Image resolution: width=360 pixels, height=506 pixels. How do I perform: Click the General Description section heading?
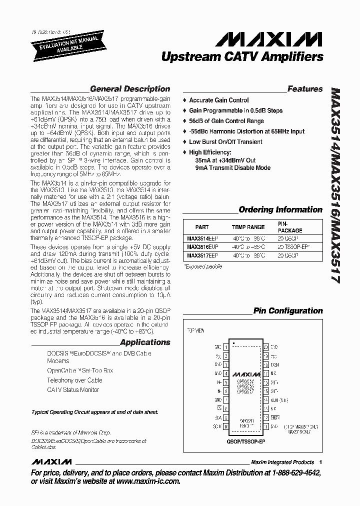(x=129, y=89)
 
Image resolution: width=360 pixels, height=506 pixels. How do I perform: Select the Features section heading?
(x=304, y=89)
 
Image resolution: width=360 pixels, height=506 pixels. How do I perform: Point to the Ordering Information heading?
(x=280, y=209)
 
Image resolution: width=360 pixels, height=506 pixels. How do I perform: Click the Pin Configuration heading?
(x=287, y=310)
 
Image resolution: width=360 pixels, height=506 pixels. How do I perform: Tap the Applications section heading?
(x=145, y=342)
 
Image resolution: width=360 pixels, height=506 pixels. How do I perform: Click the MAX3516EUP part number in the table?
(x=201, y=246)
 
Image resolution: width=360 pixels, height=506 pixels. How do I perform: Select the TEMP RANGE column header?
(x=248, y=227)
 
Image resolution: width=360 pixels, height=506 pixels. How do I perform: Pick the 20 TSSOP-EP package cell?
(x=294, y=246)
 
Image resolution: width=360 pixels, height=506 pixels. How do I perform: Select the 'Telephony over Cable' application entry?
(x=74, y=380)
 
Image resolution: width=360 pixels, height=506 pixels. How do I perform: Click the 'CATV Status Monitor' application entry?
(x=73, y=389)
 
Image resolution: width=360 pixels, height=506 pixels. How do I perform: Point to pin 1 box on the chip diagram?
(x=226, y=346)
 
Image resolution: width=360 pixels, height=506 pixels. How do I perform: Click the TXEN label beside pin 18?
(x=274, y=364)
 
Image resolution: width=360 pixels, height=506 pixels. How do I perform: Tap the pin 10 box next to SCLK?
(x=226, y=427)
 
